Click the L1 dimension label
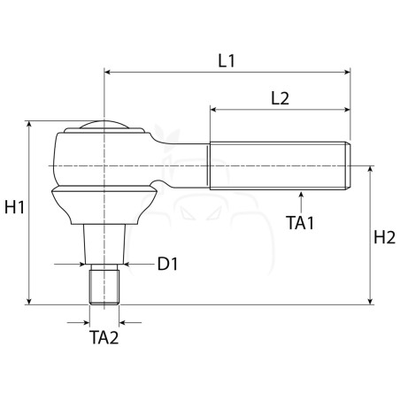pyautogui.click(x=227, y=61)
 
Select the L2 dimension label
pyautogui.click(x=280, y=98)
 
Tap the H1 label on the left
pyautogui.click(x=15, y=207)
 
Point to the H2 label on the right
pyautogui.click(x=384, y=237)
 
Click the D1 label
pyautogui.click(x=167, y=264)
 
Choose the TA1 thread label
pyautogui.click(x=300, y=223)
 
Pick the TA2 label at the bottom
pyautogui.click(x=104, y=337)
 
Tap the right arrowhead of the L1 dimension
pyautogui.click(x=347, y=72)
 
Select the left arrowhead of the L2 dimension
pyautogui.click(x=213, y=110)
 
